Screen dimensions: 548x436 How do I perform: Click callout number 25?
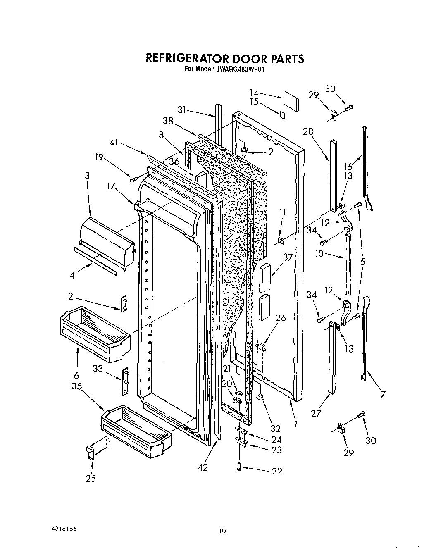click(x=91, y=479)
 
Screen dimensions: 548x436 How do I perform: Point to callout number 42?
click(x=203, y=467)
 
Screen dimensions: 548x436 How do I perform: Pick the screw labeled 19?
click(x=133, y=180)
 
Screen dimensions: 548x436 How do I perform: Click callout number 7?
click(x=383, y=395)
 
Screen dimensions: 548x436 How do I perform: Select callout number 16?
click(x=348, y=166)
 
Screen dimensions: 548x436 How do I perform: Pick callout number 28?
click(x=308, y=132)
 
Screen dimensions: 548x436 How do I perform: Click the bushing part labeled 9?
click(x=245, y=151)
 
